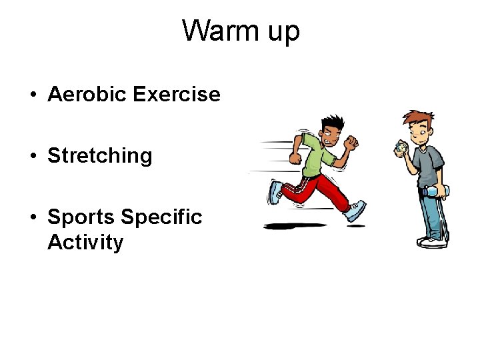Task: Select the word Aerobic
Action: click(x=87, y=95)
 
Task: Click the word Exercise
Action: click(x=177, y=95)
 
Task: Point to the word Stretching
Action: click(x=100, y=156)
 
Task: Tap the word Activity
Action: click(x=85, y=242)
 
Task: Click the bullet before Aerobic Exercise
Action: click(x=33, y=95)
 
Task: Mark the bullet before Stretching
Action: click(x=33, y=157)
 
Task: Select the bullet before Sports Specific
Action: click(x=33, y=218)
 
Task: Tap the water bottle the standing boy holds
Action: click(x=435, y=191)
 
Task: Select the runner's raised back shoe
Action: click(x=275, y=192)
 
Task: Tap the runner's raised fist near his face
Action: click(x=351, y=142)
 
